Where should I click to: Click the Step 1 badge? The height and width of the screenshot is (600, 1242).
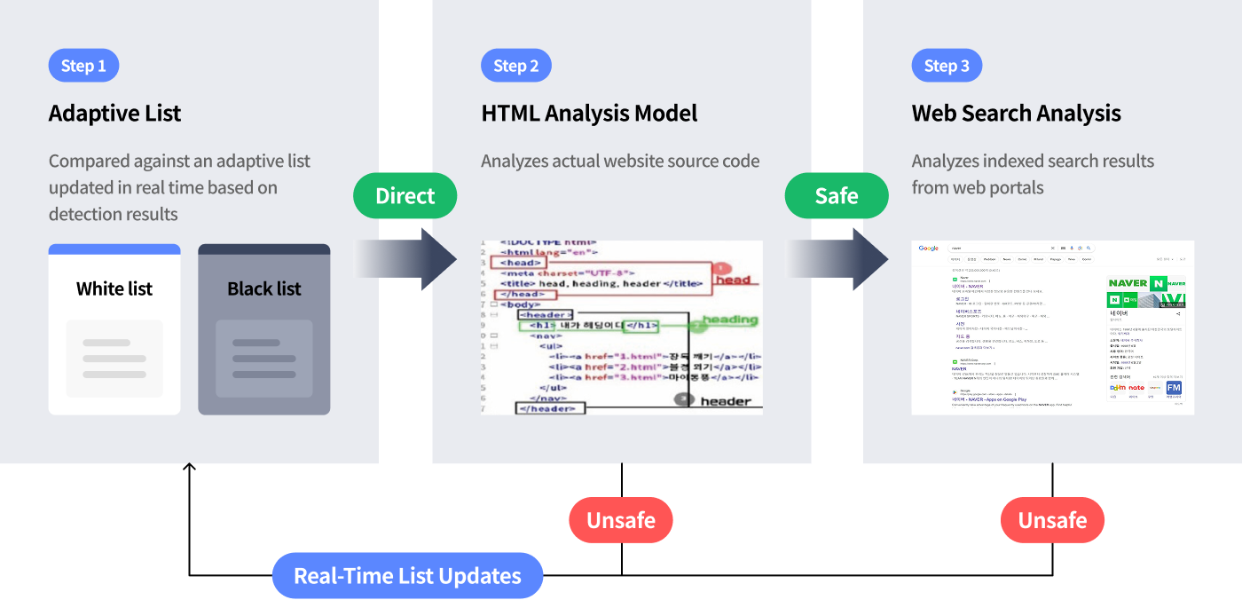(x=83, y=66)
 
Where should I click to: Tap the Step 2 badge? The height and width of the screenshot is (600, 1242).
(x=515, y=66)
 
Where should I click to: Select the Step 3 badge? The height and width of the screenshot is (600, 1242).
(x=947, y=66)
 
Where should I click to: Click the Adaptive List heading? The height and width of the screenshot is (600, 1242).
(x=114, y=114)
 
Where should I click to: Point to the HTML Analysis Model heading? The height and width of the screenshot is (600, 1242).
(x=589, y=114)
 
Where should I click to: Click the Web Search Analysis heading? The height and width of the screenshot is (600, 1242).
(x=1016, y=114)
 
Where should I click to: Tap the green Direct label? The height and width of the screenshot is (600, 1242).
(x=405, y=196)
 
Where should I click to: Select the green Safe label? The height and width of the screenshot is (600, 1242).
(x=837, y=196)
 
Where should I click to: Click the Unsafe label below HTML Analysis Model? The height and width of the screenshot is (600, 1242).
(x=621, y=520)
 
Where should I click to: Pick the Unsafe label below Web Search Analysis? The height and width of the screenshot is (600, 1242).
(x=1052, y=520)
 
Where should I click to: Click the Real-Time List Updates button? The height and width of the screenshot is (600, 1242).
(x=407, y=576)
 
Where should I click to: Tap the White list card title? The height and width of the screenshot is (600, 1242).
(x=114, y=288)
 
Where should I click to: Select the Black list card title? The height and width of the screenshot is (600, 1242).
(x=264, y=288)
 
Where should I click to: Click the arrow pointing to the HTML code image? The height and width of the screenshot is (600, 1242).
(x=407, y=259)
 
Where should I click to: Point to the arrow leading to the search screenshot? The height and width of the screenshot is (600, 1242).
(x=837, y=259)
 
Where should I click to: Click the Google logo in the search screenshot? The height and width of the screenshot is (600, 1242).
(x=929, y=249)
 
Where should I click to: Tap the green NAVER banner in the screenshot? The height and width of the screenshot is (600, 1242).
(x=1146, y=283)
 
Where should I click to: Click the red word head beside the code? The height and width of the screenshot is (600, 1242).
(x=733, y=280)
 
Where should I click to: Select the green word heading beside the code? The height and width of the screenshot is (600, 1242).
(x=730, y=320)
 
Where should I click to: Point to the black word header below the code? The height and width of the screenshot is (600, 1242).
(x=726, y=401)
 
